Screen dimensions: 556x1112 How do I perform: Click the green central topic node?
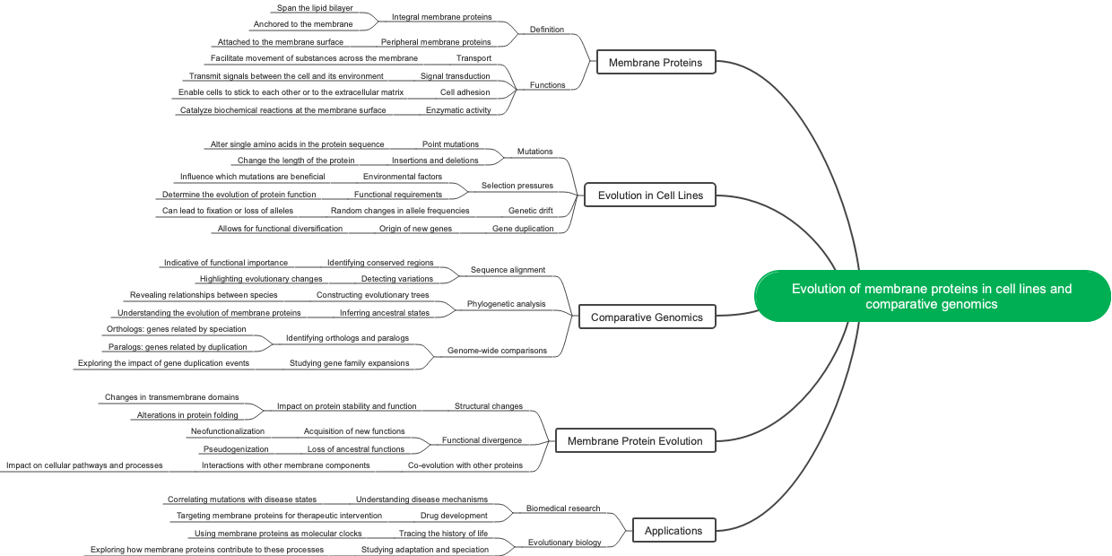tap(932, 296)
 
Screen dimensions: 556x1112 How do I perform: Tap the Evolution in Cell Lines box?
tap(650, 195)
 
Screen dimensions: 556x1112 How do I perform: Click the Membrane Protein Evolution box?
tap(635, 440)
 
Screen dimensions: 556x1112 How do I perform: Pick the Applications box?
tap(673, 530)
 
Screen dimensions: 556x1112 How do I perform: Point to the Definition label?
tap(547, 30)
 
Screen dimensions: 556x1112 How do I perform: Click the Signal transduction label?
tap(455, 76)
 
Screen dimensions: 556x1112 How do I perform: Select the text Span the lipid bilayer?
tap(301, 8)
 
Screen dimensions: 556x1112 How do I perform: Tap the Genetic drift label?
tap(530, 211)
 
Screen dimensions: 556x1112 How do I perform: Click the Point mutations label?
tap(450, 144)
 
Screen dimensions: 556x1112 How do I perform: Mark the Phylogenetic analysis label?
tap(506, 304)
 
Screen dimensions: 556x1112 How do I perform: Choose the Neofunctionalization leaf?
tap(227, 431)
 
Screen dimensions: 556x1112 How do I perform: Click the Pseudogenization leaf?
tap(235, 448)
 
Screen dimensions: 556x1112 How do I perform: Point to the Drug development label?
tap(454, 516)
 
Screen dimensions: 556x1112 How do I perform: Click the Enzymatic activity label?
tap(458, 110)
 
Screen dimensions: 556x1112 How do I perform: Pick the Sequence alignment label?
tap(508, 270)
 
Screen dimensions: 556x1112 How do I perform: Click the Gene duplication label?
tap(523, 229)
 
